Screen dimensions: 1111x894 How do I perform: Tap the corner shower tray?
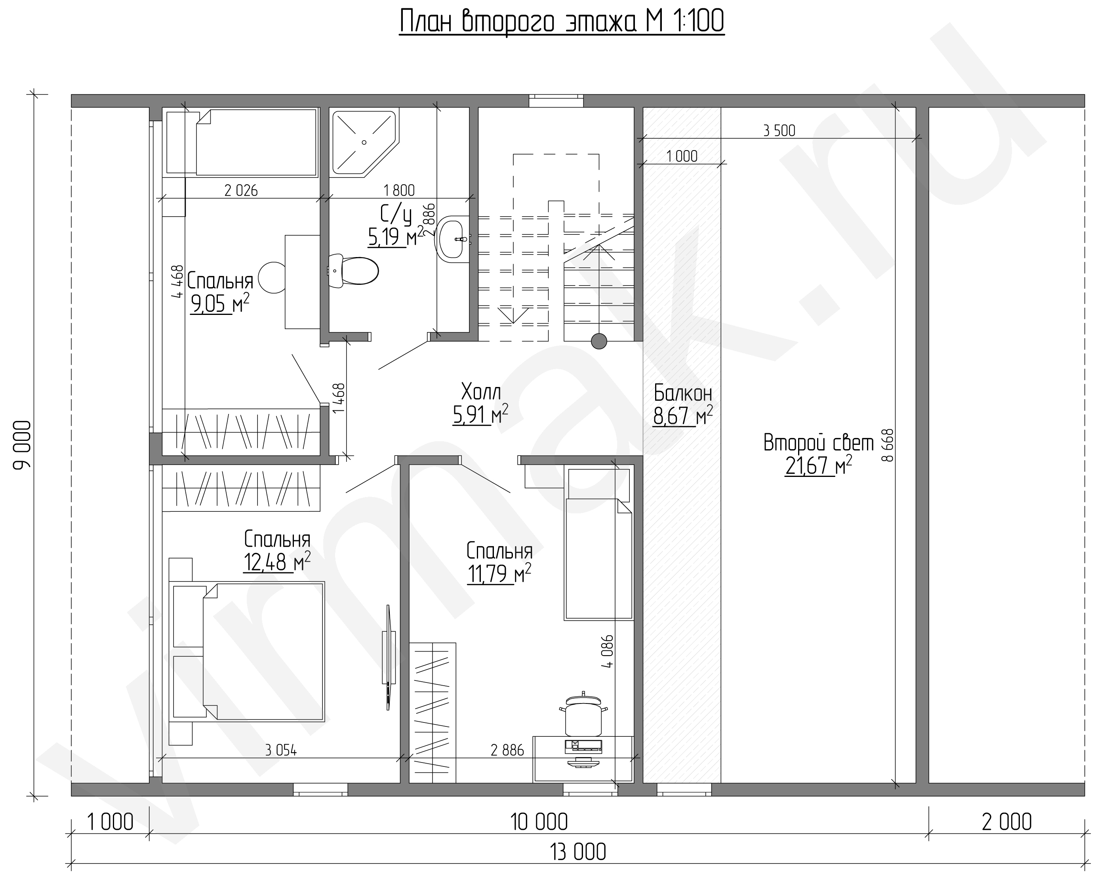coord(364,142)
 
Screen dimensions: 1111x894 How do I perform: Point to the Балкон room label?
coord(683,393)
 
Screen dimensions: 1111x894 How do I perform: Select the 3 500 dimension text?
coord(779,131)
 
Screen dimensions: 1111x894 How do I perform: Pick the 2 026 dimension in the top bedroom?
coord(241,191)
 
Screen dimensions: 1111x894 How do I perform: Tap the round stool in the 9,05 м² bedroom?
coord(272,277)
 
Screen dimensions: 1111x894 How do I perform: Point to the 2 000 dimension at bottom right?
coord(1006,822)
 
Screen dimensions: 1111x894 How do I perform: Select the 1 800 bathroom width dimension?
coord(399,191)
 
